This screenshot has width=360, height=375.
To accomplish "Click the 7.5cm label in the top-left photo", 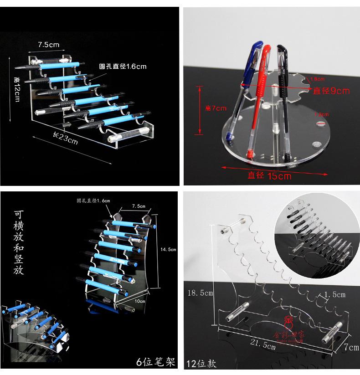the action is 49,45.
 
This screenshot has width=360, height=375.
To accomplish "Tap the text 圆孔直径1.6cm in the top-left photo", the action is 123,67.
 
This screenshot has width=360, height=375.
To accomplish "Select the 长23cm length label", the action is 65,138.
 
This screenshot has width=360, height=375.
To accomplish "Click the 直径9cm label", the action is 331,91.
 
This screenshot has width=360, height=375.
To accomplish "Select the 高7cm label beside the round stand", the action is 216,108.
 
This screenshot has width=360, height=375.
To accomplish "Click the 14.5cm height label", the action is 169,249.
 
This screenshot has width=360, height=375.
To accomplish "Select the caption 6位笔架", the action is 156,362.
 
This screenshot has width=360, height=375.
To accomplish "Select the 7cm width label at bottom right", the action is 350,347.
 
